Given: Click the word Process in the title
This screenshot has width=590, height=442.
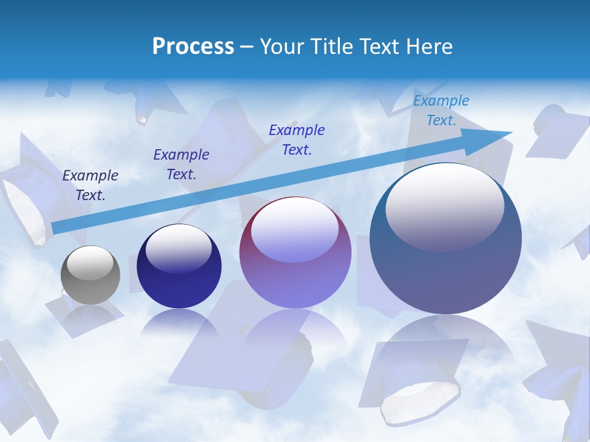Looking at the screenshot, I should (193, 46).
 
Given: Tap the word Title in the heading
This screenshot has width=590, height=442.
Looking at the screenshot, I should (331, 46).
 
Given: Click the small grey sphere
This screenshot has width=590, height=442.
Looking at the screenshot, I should (90, 282).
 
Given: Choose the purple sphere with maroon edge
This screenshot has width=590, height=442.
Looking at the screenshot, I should (295, 270).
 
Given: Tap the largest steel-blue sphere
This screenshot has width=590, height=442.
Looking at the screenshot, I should (446, 270).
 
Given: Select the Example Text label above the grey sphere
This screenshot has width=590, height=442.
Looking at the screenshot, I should (90, 185).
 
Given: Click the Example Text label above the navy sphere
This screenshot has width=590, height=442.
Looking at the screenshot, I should (181, 165).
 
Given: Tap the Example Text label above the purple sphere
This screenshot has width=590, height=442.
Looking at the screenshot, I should (297, 140).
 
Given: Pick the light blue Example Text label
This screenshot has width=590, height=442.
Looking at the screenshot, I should (441, 110).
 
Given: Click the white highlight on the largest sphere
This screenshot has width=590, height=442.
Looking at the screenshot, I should (444, 206).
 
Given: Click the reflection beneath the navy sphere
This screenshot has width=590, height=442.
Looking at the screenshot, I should (179, 322).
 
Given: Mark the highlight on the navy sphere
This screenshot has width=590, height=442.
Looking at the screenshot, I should (178, 247).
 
